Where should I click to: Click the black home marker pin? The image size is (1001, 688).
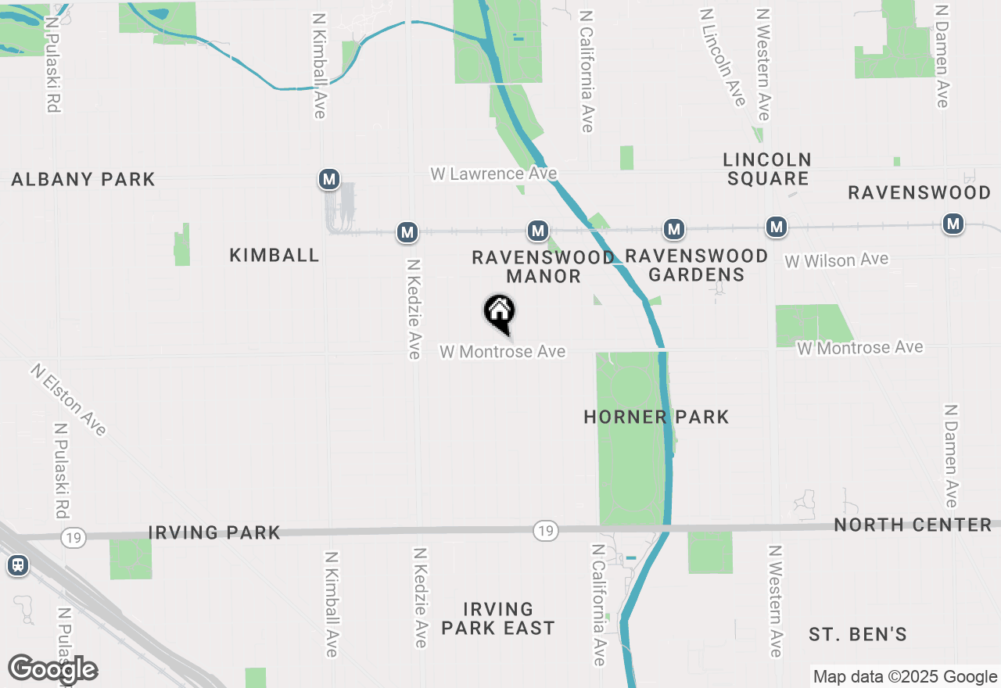click(500, 313)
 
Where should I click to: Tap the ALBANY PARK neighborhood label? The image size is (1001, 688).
click(84, 179)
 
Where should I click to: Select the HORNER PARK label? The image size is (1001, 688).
click(656, 417)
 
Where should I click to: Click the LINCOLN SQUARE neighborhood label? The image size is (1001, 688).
click(767, 169)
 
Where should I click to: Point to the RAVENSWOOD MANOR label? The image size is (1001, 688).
click(544, 267)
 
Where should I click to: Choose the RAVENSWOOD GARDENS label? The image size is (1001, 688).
click(697, 265)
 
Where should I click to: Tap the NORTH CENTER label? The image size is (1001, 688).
click(913, 525)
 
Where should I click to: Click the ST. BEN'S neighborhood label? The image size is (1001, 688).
click(858, 634)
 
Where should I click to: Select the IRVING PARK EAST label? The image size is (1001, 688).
click(498, 618)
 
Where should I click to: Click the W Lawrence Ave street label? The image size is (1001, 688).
click(493, 173)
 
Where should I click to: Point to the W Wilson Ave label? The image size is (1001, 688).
click(837, 260)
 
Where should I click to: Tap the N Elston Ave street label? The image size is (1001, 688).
click(69, 399)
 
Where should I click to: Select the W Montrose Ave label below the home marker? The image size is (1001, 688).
click(502, 352)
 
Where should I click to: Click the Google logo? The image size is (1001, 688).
click(53, 669)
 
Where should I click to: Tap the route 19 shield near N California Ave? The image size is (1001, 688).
click(546, 532)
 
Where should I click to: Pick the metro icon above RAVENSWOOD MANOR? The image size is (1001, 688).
click(538, 231)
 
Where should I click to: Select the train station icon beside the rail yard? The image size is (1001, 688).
click(17, 564)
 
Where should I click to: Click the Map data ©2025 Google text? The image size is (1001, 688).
click(905, 677)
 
